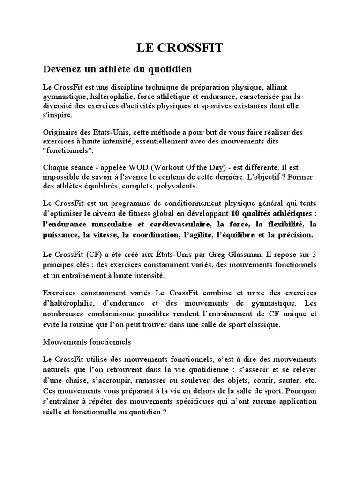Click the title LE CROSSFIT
pos(180,47)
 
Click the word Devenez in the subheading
pos(60,69)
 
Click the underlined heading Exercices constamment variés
pos(97,292)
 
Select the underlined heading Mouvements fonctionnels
pos(87,342)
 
